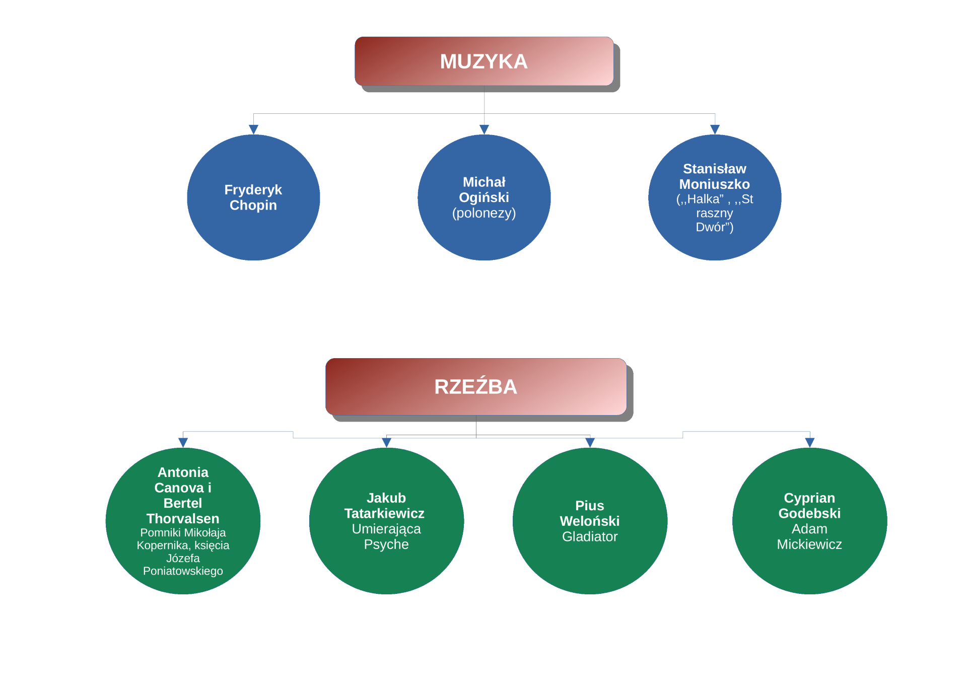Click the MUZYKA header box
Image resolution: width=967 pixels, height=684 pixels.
click(x=484, y=61)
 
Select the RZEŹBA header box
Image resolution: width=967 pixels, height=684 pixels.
click(x=476, y=386)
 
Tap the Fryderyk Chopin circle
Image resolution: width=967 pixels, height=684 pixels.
click(x=253, y=197)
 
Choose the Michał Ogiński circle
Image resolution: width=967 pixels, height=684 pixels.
click(x=484, y=197)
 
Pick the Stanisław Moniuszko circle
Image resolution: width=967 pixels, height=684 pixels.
click(x=715, y=197)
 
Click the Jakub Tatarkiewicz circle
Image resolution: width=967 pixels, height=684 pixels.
click(x=386, y=521)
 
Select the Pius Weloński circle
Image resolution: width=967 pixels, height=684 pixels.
click(x=590, y=521)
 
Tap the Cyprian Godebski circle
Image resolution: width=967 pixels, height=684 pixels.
click(x=809, y=521)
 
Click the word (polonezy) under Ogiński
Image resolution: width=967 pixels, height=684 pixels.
click(x=484, y=213)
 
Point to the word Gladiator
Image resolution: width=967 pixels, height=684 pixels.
click(x=590, y=536)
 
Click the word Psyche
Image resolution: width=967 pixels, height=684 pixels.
click(x=386, y=544)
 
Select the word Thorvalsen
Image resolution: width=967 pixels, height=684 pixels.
click(x=183, y=518)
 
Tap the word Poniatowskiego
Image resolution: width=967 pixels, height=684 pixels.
click(x=183, y=571)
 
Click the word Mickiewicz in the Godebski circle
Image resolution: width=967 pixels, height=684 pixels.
click(x=809, y=544)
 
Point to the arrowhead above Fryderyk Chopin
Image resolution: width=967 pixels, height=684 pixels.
click(x=253, y=129)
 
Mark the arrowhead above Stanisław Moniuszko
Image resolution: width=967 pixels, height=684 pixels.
click(x=715, y=129)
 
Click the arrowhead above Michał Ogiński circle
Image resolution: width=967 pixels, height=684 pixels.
click(x=484, y=129)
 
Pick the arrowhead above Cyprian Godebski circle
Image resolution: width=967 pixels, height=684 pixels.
click(x=809, y=443)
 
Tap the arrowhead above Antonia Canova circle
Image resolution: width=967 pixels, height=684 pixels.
click(x=183, y=443)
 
